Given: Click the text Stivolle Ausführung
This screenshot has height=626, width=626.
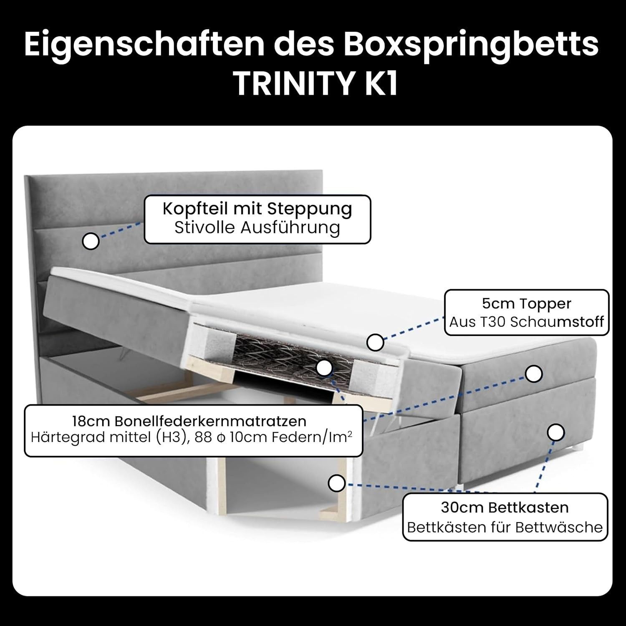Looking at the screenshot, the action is [x=257, y=228].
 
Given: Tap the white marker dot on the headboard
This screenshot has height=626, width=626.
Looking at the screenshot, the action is [x=91, y=241].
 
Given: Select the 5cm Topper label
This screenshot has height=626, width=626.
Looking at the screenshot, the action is [x=526, y=303].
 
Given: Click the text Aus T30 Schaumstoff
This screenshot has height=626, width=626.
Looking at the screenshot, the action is [x=526, y=322].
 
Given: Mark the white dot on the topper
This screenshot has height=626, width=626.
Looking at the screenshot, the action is [x=375, y=342].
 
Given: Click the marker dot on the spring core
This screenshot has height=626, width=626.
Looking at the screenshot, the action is [x=324, y=368].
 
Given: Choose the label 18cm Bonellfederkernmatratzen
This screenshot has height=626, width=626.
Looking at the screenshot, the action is [x=189, y=421].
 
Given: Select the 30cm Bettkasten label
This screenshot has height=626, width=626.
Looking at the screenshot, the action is [x=505, y=507].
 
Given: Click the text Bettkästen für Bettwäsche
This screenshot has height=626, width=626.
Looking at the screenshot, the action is [x=505, y=527].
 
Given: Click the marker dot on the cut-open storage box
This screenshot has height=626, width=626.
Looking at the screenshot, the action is [x=336, y=483].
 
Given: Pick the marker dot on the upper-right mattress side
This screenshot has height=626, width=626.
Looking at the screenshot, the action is [x=533, y=374].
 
